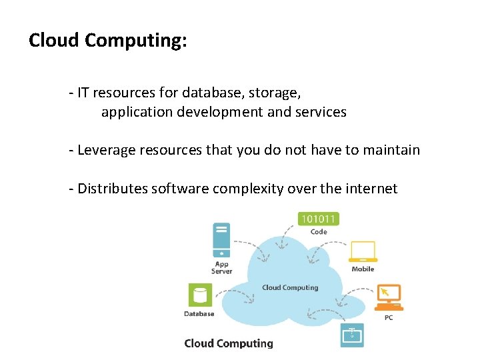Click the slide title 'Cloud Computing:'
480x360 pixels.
pyautogui.click(x=107, y=41)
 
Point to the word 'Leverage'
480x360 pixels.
pyautogui.click(x=106, y=149)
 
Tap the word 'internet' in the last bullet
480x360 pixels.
pyautogui.click(x=371, y=189)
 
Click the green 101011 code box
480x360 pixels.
pyautogui.click(x=319, y=218)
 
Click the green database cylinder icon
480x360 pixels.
pyautogui.click(x=199, y=295)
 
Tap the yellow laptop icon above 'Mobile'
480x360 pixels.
pyautogui.click(x=363, y=252)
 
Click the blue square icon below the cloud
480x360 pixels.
pyautogui.click(x=351, y=333)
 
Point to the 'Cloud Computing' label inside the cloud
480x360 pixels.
pyautogui.click(x=290, y=287)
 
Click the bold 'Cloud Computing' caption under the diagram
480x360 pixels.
pyautogui.click(x=229, y=343)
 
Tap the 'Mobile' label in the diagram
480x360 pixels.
pyautogui.click(x=363, y=269)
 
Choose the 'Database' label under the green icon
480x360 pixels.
pyautogui.click(x=199, y=313)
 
